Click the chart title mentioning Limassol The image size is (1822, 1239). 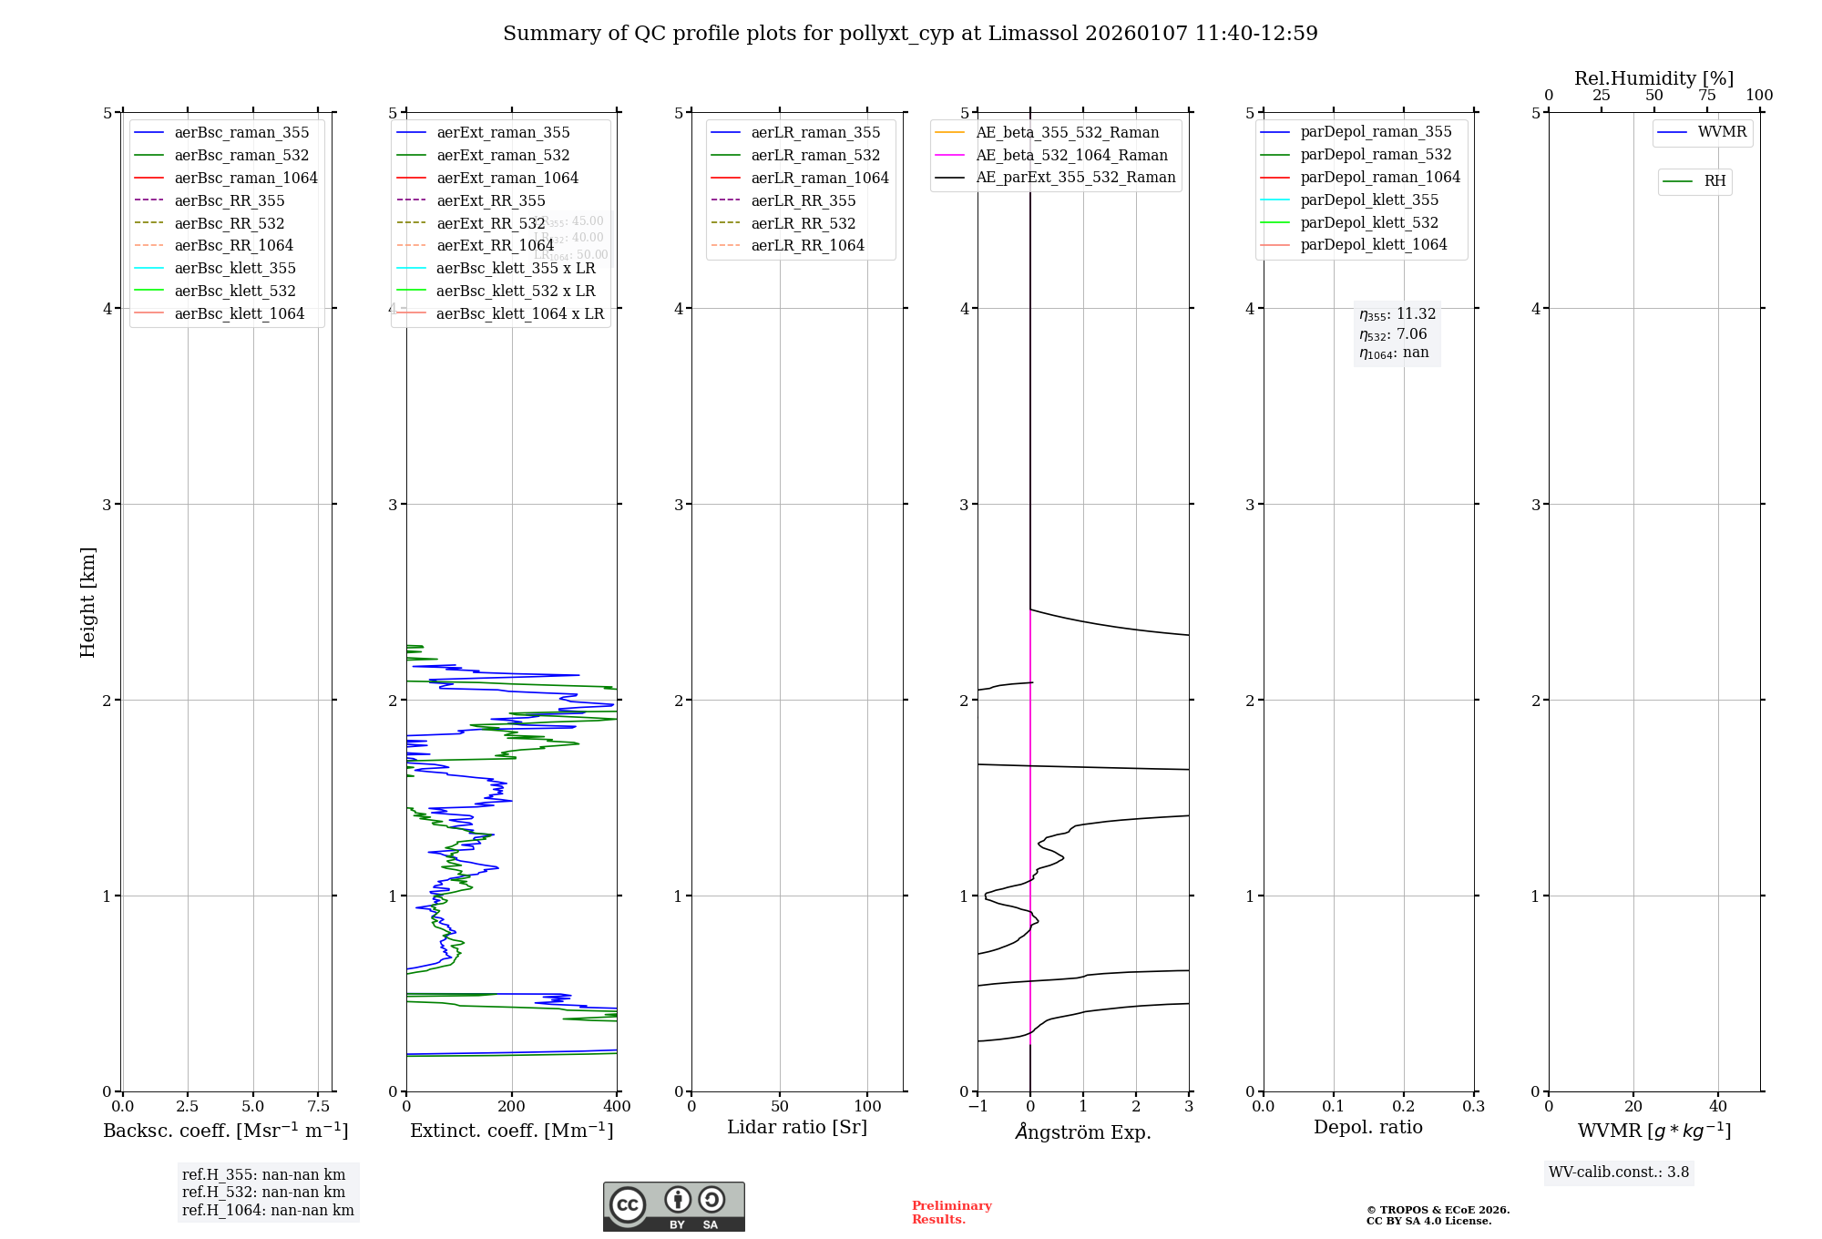tap(910, 34)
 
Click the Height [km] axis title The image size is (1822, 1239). tap(87, 602)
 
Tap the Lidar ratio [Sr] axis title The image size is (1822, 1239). tap(797, 1127)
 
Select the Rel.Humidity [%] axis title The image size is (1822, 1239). tap(1653, 78)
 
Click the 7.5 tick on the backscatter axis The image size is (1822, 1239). tap(318, 1106)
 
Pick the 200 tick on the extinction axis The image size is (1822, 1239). tap(512, 1106)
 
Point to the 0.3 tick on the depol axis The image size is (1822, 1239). tap(1473, 1106)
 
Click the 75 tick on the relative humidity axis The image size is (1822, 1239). tap(1706, 96)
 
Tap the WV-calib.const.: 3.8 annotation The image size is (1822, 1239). tap(1619, 1172)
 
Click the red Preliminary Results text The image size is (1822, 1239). tap(951, 1213)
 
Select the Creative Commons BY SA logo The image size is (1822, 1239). tap(673, 1207)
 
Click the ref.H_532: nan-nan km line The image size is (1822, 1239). tap(263, 1193)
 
